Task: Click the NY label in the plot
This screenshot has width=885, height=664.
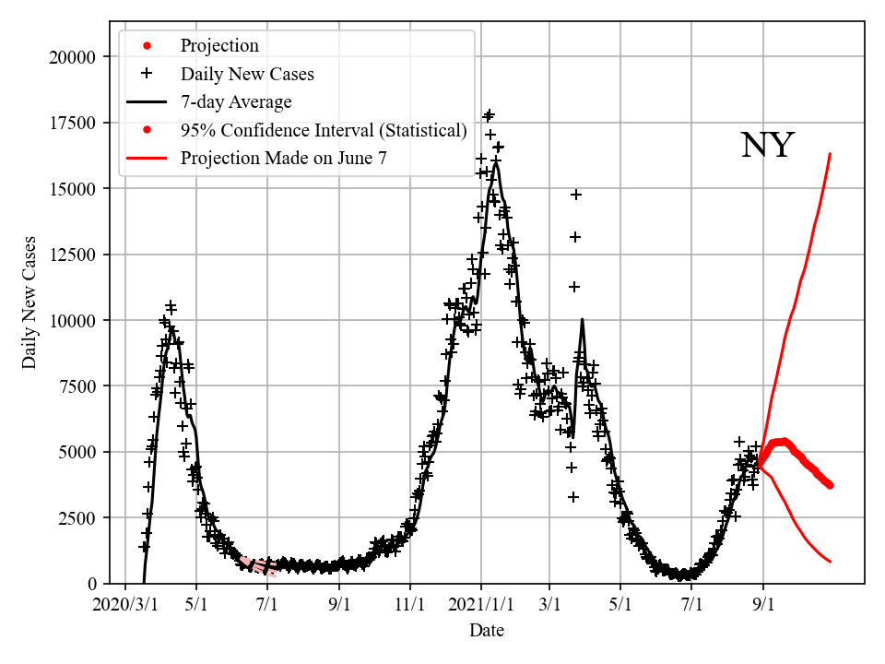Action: [767, 146]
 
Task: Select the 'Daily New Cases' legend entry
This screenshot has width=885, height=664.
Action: [246, 74]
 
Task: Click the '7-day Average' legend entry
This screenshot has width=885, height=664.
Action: [235, 101]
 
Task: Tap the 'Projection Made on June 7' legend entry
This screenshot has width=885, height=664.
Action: [283, 158]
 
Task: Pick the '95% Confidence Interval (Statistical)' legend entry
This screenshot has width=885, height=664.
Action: [323, 130]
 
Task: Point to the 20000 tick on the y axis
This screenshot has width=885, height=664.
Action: [71, 57]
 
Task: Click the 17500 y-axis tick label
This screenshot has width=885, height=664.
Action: [71, 124]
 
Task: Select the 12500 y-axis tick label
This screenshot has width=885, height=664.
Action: [71, 255]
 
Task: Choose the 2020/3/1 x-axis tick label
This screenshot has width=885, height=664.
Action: [126, 607]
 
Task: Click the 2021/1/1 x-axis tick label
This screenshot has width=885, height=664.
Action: [480, 607]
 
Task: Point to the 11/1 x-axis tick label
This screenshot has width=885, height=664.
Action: [410, 607]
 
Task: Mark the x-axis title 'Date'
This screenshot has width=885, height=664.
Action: [486, 631]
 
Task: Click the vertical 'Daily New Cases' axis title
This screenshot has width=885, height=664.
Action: [30, 302]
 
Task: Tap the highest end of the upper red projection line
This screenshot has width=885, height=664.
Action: [831, 154]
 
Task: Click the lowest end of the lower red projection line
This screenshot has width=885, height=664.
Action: [831, 562]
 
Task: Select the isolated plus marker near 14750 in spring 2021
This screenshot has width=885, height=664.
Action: [576, 195]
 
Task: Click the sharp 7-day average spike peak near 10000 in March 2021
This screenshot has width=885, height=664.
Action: [582, 320]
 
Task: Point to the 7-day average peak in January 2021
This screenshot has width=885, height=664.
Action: [496, 163]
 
